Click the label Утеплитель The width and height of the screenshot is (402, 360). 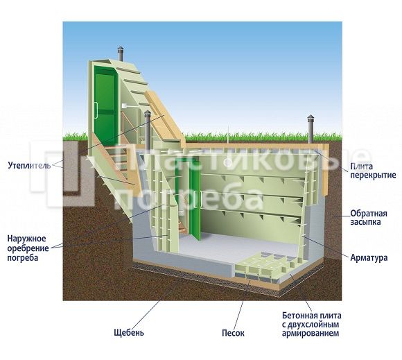30,165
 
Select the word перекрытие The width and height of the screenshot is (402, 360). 373,175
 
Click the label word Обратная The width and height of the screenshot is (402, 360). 369,214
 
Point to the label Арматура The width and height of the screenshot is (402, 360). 369,257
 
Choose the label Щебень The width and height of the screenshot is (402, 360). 129,332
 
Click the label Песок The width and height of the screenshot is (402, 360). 233,333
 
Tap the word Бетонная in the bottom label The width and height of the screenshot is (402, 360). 298,316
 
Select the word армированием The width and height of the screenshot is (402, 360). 311,334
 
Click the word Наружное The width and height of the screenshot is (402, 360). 26,239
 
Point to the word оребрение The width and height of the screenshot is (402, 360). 28,248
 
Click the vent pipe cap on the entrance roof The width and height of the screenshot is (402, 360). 120,49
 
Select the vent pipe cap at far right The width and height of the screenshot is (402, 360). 311,118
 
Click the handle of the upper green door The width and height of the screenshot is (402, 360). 96,110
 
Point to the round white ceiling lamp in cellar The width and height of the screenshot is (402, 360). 227,162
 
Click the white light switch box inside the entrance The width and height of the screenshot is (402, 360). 124,105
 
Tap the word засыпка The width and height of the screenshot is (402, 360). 365,222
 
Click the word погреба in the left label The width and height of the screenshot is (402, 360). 23,258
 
